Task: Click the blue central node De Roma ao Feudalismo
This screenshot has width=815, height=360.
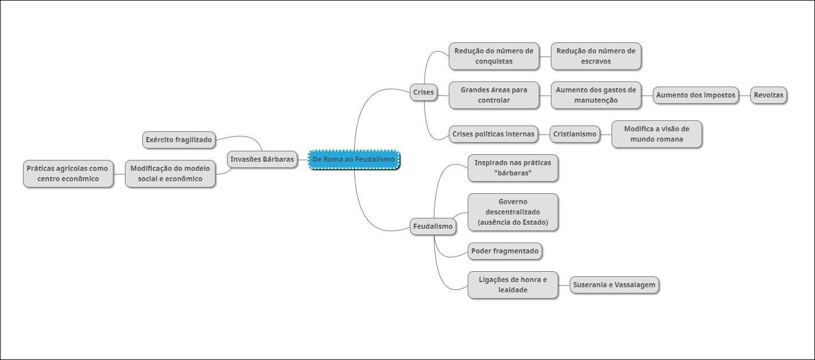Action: point(354,159)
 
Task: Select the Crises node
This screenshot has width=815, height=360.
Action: point(424,92)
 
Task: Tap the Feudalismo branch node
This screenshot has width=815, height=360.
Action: point(433,226)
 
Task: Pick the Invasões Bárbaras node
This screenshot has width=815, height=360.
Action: point(262,159)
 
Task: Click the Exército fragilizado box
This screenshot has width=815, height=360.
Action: point(179,140)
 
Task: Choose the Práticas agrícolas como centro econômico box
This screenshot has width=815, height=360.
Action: point(68,174)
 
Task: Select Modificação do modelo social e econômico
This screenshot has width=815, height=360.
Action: point(170,174)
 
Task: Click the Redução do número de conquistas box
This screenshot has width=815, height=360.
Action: point(493,56)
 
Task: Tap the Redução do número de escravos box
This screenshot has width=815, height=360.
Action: point(595,56)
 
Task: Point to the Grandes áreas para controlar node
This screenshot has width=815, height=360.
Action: point(493,95)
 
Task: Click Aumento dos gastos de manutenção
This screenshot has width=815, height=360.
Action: point(595,95)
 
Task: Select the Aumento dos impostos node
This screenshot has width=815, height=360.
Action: point(695,95)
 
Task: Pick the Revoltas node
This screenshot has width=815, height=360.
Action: point(768,95)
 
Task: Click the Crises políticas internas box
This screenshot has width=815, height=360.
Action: point(493,134)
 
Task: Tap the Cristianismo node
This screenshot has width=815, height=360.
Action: point(574,134)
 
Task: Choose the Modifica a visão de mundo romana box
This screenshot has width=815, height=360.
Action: point(656,134)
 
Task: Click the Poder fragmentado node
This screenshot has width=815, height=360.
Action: point(504,251)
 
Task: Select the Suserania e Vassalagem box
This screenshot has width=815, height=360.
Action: point(614,285)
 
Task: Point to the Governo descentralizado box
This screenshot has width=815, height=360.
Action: point(512,212)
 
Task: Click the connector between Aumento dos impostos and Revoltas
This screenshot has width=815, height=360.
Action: point(745,95)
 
